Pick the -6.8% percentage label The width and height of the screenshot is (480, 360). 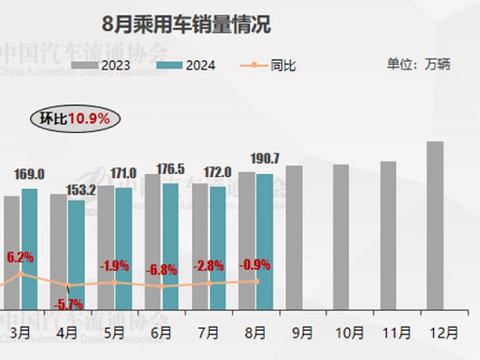coord(164,269)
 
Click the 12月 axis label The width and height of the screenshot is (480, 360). coord(436,329)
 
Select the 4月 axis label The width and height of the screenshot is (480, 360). coord(66,329)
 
